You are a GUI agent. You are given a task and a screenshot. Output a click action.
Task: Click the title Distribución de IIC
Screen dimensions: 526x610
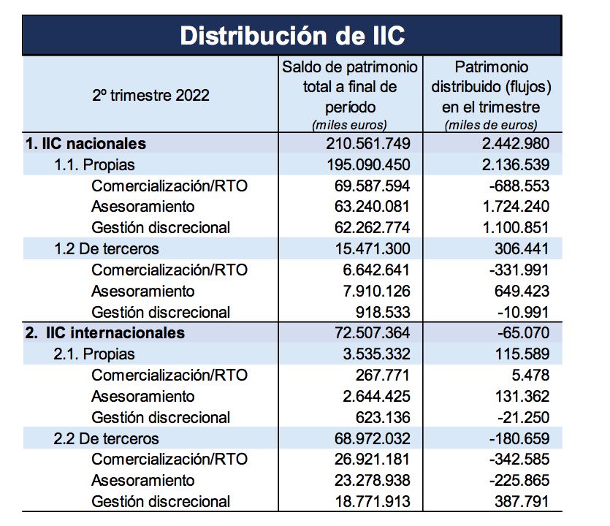292,35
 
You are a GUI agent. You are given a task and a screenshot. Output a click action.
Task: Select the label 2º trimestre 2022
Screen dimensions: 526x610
150,95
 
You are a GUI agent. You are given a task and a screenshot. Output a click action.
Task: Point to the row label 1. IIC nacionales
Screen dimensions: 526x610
85,143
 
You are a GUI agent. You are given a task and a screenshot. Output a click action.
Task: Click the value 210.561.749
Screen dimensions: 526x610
367,143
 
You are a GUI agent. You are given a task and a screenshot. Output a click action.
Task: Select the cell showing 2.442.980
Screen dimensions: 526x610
509,143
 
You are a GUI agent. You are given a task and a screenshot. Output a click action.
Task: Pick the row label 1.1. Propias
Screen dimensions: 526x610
94,164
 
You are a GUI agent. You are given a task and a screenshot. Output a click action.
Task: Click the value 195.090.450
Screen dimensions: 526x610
367,164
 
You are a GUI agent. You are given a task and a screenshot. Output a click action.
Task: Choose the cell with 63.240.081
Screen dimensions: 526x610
371,207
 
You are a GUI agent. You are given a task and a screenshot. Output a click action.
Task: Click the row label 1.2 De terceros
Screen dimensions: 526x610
106,249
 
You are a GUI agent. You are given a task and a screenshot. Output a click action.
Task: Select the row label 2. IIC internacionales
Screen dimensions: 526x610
104,333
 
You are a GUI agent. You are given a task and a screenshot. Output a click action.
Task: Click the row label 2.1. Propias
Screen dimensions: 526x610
94,354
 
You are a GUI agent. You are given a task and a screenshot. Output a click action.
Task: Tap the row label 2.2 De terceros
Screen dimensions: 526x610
106,439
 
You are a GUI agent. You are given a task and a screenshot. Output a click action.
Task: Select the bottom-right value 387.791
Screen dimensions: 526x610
519,501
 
